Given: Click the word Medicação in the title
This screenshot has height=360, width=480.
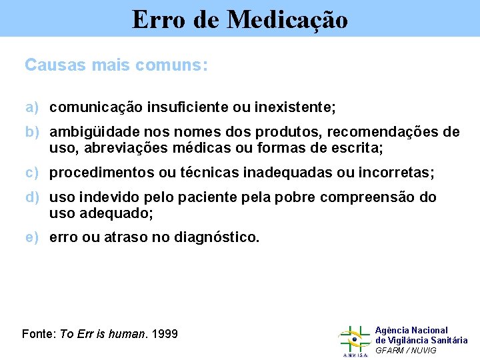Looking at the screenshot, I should pos(287,19).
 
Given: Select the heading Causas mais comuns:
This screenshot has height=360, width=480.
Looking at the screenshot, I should pos(116,65).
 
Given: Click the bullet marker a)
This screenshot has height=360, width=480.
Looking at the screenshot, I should pos(33,107).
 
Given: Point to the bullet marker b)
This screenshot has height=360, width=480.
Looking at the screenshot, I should pos(33,132).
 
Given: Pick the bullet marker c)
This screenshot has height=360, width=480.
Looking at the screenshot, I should pos(33,173).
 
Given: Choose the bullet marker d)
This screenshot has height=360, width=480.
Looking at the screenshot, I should pos(33,198).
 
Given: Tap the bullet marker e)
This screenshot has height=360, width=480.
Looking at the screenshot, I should pos(33,237).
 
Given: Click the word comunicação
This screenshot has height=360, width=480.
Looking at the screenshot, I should pos(95,107).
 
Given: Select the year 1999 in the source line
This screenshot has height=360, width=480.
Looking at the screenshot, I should pos(165,333).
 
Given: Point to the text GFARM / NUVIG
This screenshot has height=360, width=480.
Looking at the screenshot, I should pos(406,350).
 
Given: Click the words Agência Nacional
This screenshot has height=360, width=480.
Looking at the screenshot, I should pos(411,331).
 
